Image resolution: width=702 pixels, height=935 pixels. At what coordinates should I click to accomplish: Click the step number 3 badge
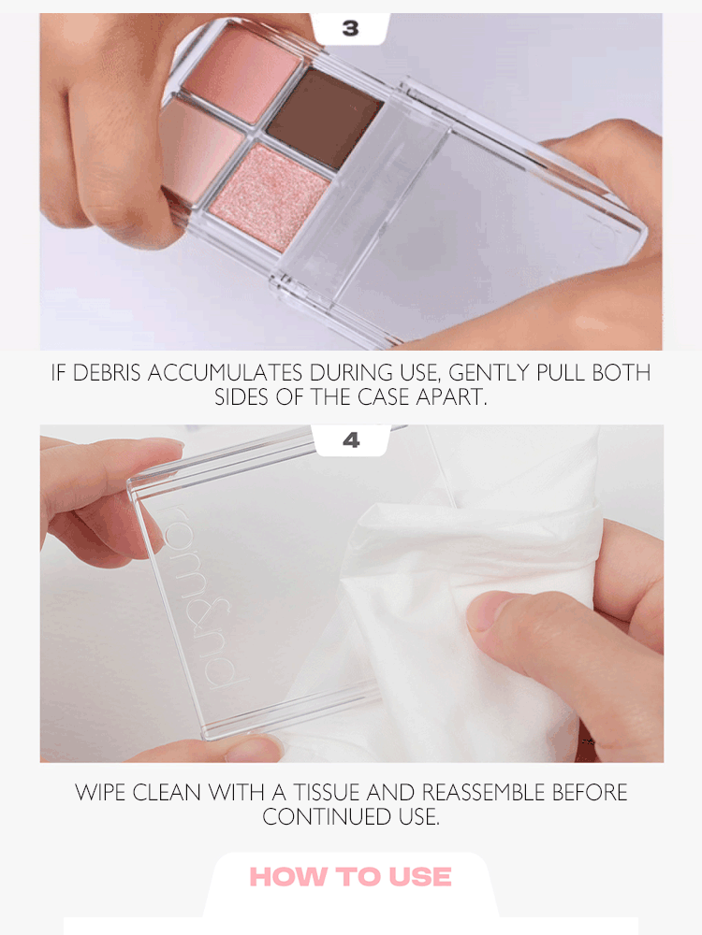(350, 29)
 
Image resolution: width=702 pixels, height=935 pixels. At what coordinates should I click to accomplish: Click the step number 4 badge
(351, 440)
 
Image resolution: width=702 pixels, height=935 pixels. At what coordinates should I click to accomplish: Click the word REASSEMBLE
(486, 793)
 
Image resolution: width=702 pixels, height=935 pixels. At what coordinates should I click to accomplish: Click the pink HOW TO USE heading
(350, 877)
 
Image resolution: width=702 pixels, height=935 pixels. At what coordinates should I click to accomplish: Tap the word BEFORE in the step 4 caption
(590, 793)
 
